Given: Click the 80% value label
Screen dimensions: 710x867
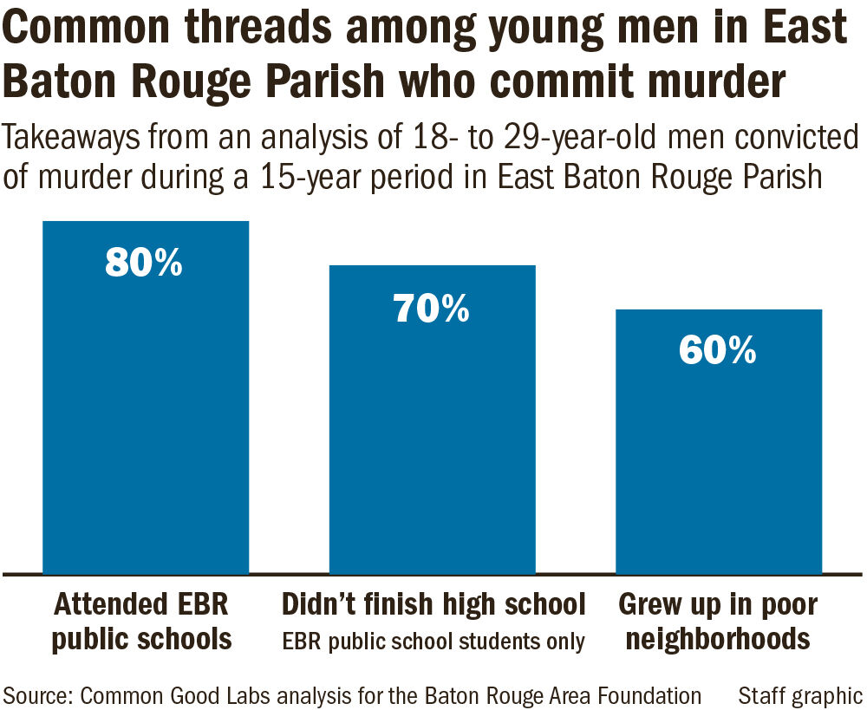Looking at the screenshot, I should [144, 263].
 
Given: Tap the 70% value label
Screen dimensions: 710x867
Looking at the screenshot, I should [432, 308].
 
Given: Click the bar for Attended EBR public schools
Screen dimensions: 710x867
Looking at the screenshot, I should [146, 416].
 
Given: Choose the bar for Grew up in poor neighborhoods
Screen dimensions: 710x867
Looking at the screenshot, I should [718, 459].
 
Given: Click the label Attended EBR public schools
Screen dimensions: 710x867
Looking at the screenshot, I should [142, 622].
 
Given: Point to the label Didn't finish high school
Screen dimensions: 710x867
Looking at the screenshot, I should [434, 603].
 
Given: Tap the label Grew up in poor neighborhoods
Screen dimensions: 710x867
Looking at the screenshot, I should [718, 622].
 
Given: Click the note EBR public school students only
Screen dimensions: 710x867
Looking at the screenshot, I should [434, 642].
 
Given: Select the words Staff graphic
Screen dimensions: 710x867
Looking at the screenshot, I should [799, 694].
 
